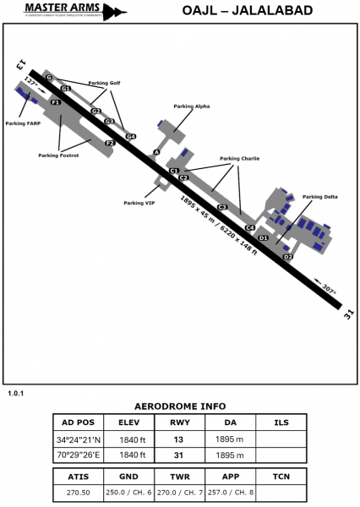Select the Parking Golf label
pos(104,83)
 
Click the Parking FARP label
pos(22,123)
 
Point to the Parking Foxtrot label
pos(58,155)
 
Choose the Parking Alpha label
pos(191,106)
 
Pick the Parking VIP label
pos(139,203)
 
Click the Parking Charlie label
pos(239,158)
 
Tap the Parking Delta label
pos(319,197)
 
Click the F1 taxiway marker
pos(56,102)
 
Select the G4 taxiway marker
pos(130,136)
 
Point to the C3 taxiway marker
pos(223,207)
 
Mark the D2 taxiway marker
pos(287,256)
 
